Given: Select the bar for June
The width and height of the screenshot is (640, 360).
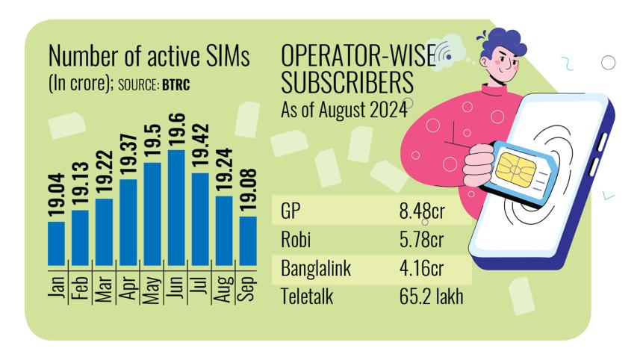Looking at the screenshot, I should pos(176,207).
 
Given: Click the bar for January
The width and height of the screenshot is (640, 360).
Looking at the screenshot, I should pos(56,243).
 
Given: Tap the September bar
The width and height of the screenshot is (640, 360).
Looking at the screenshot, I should pos(248,240).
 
